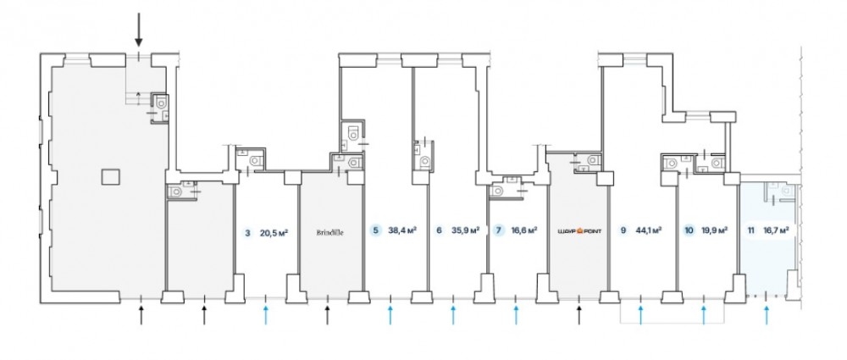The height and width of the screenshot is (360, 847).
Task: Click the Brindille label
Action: pos(329,233)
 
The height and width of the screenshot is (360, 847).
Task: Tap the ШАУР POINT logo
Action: pos(579,230)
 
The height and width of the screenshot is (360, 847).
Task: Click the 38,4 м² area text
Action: pos(401,230)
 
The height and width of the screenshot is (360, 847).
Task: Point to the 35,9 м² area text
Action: pos(466,230)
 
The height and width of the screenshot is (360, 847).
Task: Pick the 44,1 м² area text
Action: pos(648,230)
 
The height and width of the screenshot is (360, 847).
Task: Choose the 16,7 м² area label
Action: pos(776,230)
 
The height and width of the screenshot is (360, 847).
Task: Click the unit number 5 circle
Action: pos(375,230)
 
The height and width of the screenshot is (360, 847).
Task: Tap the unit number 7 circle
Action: pos(499,230)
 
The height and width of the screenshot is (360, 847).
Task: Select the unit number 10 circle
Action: pos(689,230)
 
